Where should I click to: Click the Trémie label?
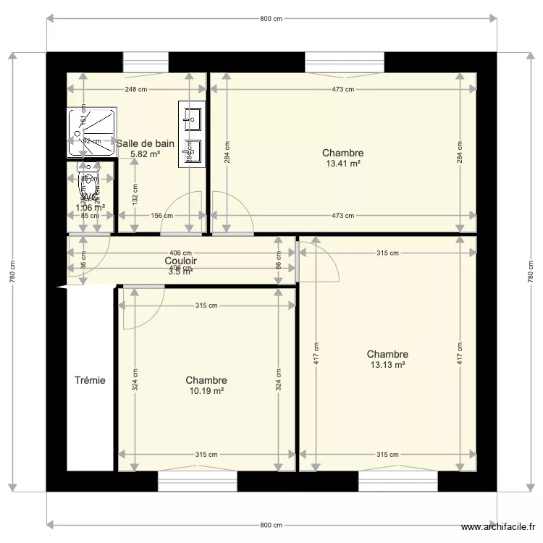click(x=90, y=380)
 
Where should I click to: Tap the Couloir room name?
click(x=180, y=261)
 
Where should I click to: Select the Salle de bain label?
click(x=145, y=143)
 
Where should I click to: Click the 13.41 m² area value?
click(x=342, y=164)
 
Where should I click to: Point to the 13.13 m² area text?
click(x=387, y=365)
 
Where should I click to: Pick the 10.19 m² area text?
click(x=206, y=391)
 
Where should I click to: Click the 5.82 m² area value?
click(x=145, y=154)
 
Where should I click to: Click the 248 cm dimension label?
click(x=136, y=90)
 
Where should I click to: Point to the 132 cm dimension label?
click(x=135, y=194)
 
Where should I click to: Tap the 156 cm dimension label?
click(x=161, y=215)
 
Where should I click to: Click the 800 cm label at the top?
click(x=271, y=19)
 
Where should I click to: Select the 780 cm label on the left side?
click(x=12, y=271)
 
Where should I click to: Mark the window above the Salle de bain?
click(x=146, y=62)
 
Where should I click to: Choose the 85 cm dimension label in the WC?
click(x=90, y=215)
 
